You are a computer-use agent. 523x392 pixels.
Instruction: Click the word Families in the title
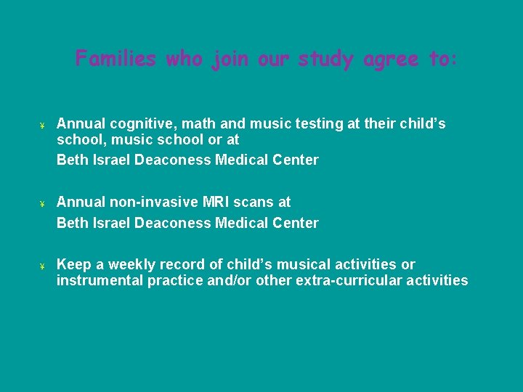115,58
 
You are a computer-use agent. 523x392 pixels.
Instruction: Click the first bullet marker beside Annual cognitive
43,125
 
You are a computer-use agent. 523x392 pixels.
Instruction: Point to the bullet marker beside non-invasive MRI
43,203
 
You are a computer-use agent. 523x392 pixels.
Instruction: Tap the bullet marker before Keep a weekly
43,266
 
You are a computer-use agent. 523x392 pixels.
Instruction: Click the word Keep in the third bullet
72,264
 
